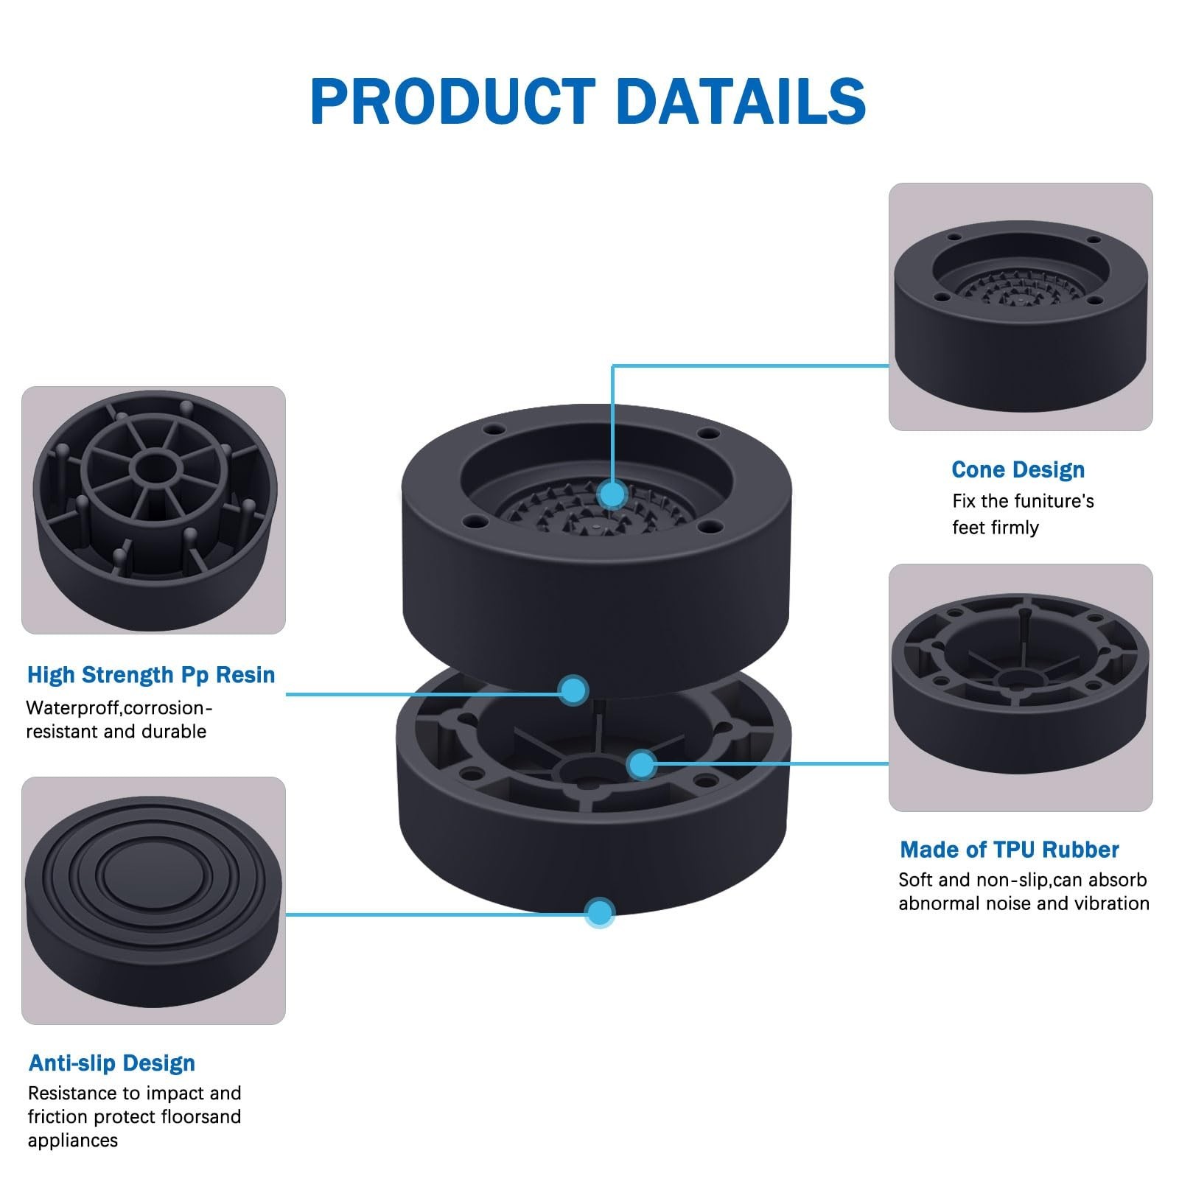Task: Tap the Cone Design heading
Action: [1018, 469]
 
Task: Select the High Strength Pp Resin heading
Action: [151, 675]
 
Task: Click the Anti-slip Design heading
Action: [112, 1063]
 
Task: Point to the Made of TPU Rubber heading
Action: [1010, 850]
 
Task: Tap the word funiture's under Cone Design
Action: [1052, 501]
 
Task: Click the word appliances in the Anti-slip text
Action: [73, 1141]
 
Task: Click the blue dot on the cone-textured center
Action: [612, 493]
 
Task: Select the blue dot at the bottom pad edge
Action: [600, 913]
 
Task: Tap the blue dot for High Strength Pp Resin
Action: [573, 690]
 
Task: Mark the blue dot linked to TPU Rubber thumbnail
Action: [643, 764]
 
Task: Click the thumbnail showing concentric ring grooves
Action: [153, 900]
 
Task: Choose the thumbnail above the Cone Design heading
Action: [1021, 307]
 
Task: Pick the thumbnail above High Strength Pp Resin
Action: [153, 510]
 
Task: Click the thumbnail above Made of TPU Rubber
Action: [1021, 688]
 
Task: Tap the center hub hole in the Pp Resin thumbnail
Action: [153, 467]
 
